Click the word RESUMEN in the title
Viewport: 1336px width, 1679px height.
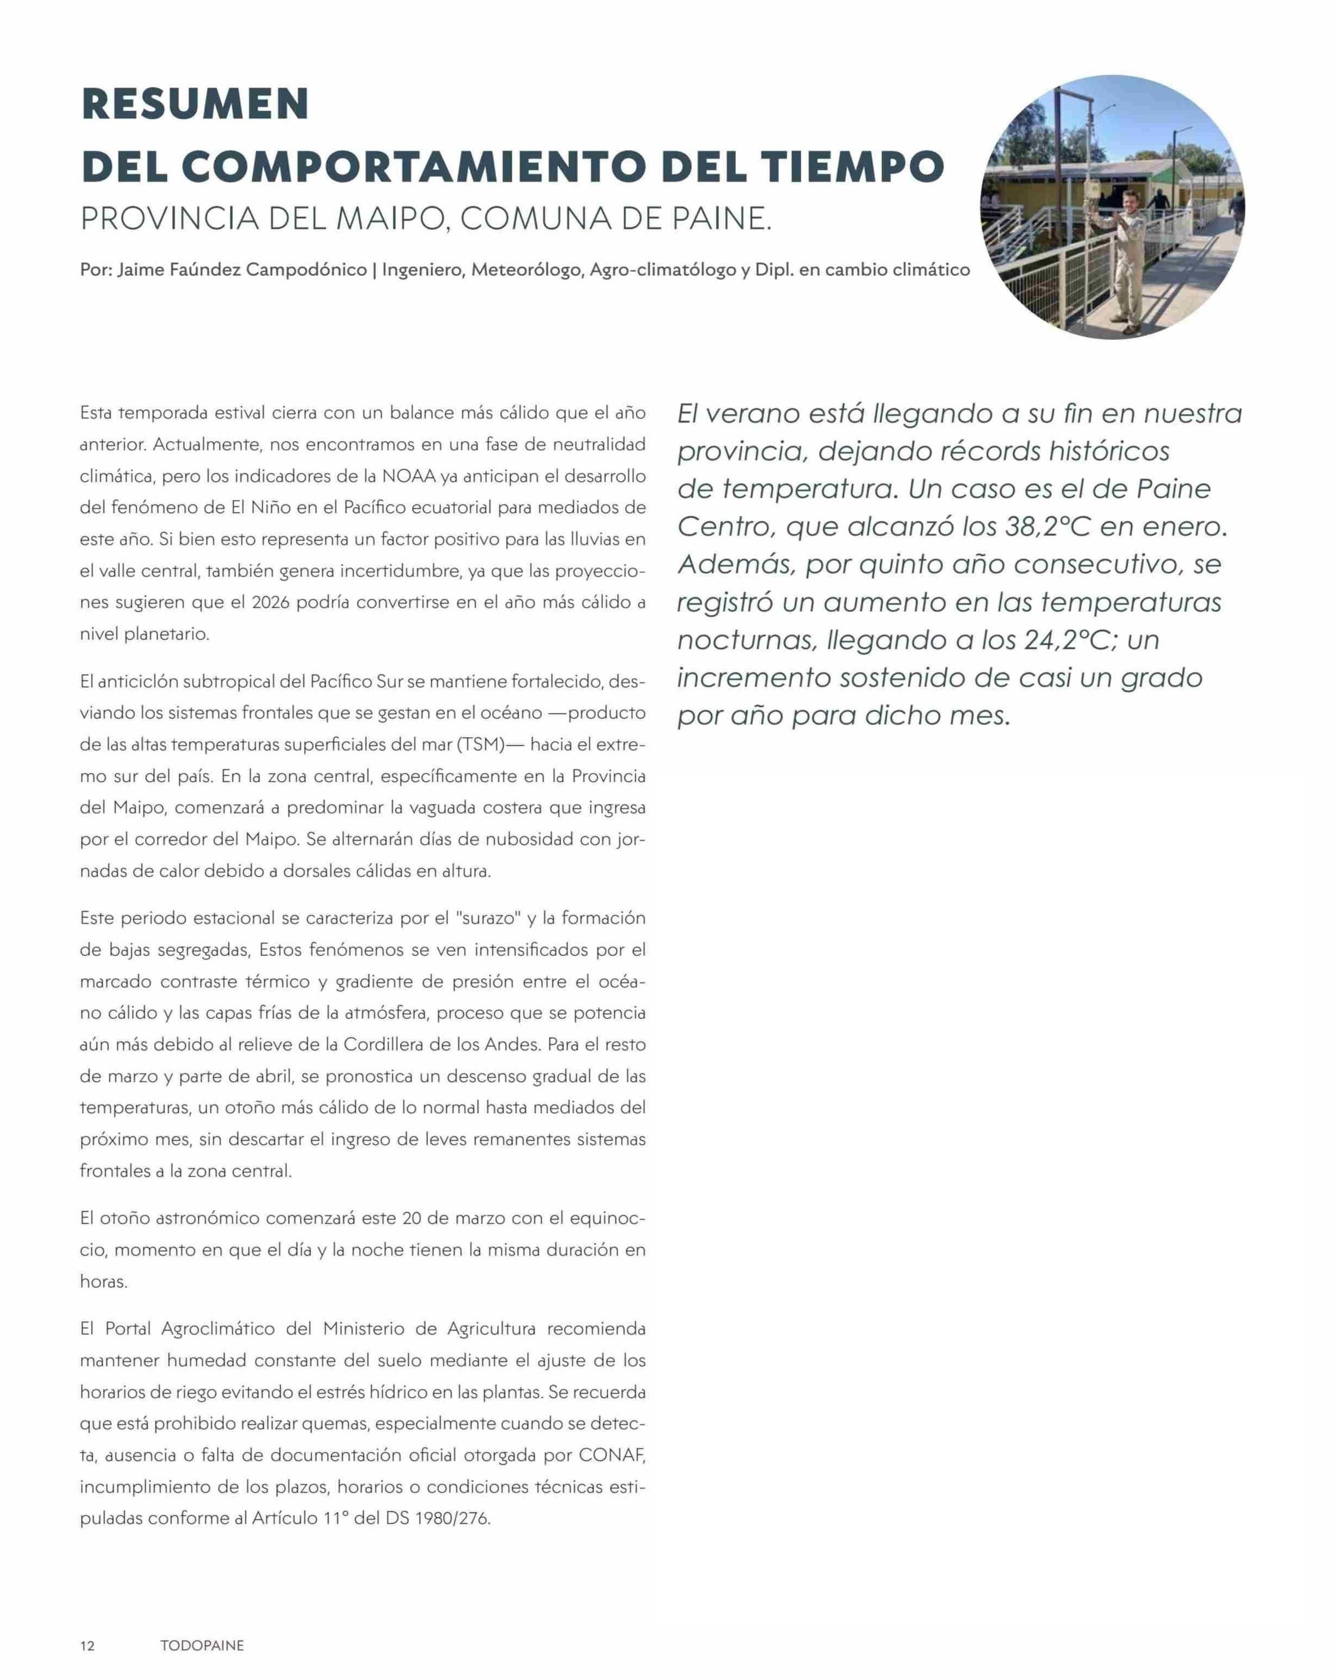(x=195, y=104)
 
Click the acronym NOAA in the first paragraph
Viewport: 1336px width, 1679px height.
(x=408, y=476)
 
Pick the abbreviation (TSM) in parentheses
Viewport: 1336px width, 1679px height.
(x=481, y=744)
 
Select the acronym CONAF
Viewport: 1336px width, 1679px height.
(x=612, y=1454)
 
